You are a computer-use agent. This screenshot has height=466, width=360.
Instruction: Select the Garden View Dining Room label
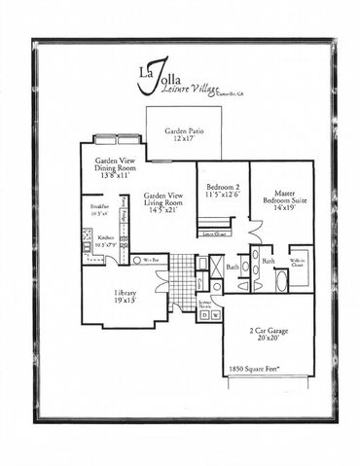coord(114,162)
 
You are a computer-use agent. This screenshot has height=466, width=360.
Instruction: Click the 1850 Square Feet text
coord(255,370)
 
